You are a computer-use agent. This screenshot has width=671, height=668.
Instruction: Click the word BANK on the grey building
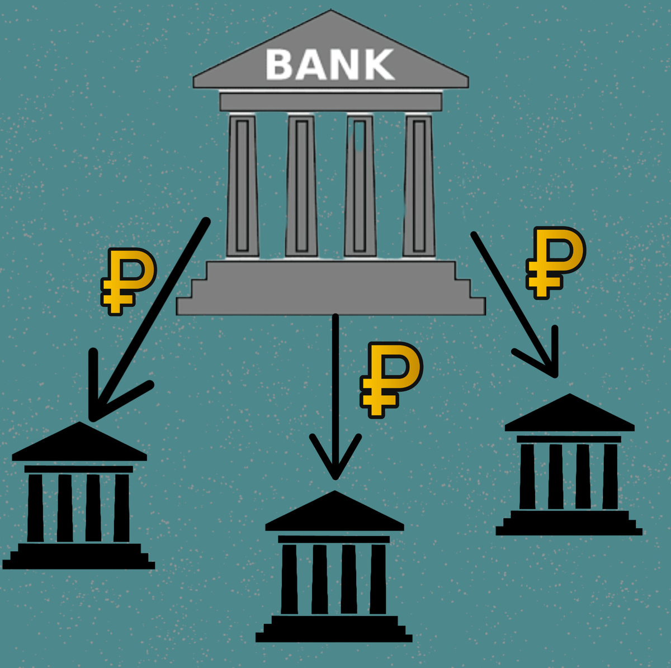pyautogui.click(x=330, y=64)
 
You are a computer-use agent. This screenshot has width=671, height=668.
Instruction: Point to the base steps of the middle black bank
pyautogui.click(x=334, y=629)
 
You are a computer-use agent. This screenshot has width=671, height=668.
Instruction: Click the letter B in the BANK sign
pyautogui.click(x=280, y=64)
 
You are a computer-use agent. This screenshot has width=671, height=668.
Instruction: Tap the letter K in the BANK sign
pyautogui.click(x=380, y=64)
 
